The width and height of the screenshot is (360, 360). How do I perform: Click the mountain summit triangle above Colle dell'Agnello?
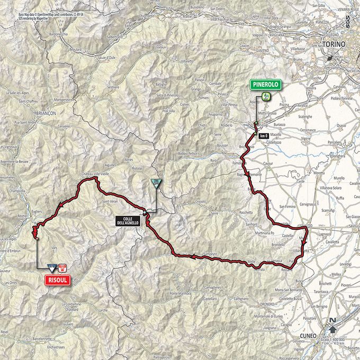pos(156,183)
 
